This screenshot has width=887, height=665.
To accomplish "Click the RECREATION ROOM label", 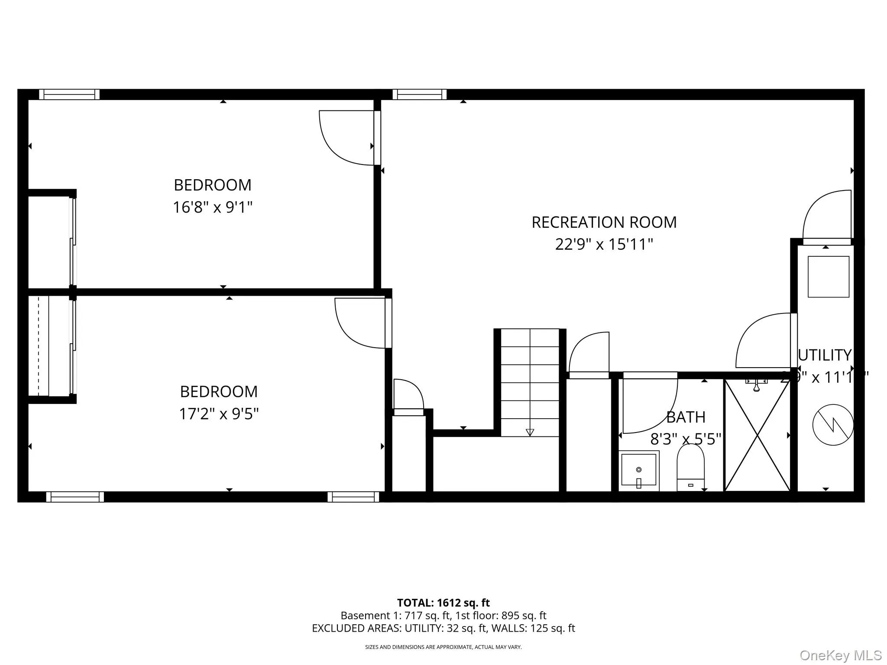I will coord(604,223).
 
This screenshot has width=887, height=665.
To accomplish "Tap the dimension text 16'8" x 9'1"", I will coord(212,207).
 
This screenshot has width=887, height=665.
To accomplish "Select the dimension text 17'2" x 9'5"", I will coord(219,414).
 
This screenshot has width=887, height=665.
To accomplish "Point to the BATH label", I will coord(686,417).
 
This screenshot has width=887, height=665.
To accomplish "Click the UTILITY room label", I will coord(825,355).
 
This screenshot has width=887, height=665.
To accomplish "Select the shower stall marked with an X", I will coord(757,435).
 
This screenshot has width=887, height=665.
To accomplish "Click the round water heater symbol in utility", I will coord(832,425).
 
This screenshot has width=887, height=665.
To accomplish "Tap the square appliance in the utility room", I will coord(828,277).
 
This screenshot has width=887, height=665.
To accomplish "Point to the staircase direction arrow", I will coord(530,432).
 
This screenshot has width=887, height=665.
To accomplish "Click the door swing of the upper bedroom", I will coord(346,138).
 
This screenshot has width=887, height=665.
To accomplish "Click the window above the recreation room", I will coord(419,94).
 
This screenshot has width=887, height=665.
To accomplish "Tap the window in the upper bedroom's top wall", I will coord(69,94).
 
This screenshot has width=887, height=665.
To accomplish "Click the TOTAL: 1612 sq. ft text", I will coord(443,603).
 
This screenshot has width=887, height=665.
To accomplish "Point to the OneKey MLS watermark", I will coord(840,655).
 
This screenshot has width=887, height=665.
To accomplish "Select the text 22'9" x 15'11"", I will coord(604,245).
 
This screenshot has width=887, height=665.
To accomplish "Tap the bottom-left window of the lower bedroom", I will coord(75,497).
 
